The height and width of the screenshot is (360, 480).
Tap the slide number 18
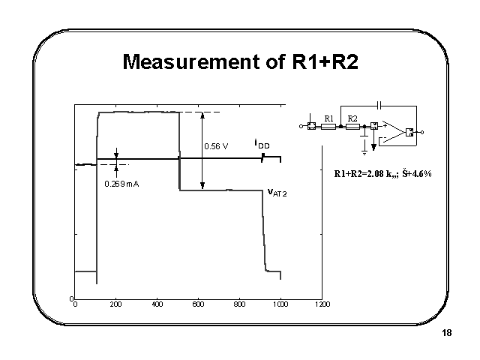click(x=447, y=333)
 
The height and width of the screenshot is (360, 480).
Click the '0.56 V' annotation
click(x=217, y=146)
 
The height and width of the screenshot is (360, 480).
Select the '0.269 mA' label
click(x=121, y=184)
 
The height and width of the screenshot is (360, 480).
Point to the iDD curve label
click(x=262, y=144)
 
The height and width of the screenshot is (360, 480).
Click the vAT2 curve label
click(x=277, y=192)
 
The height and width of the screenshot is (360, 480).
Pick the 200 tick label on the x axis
click(x=115, y=304)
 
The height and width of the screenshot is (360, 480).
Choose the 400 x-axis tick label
click(x=157, y=304)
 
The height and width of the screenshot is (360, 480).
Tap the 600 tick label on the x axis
click(x=198, y=304)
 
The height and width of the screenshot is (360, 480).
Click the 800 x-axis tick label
click(x=239, y=304)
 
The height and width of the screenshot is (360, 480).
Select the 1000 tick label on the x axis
click(x=280, y=304)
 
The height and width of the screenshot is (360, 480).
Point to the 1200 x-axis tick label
click(x=322, y=304)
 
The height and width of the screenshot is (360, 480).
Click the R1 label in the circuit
click(x=328, y=118)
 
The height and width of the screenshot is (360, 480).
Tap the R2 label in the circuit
click(x=352, y=118)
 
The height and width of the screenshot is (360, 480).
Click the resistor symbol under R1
click(x=328, y=127)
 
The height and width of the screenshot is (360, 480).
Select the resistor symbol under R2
click(x=352, y=127)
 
